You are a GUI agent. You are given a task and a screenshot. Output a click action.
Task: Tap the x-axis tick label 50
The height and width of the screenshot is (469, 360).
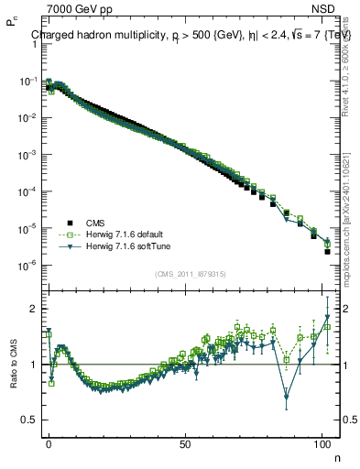pyautogui.click(x=186, y=442)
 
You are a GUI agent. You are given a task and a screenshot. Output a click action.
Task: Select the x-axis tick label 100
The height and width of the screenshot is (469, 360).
pyautogui.click(x=322, y=442)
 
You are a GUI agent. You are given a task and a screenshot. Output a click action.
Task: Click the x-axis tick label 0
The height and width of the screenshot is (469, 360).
pyautogui.click(x=49, y=442)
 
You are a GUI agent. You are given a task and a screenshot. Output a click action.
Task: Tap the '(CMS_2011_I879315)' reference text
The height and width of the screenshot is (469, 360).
pyautogui.click(x=191, y=274)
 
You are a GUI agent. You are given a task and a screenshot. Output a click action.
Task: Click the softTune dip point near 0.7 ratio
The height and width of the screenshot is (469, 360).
pyautogui.click(x=287, y=397)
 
